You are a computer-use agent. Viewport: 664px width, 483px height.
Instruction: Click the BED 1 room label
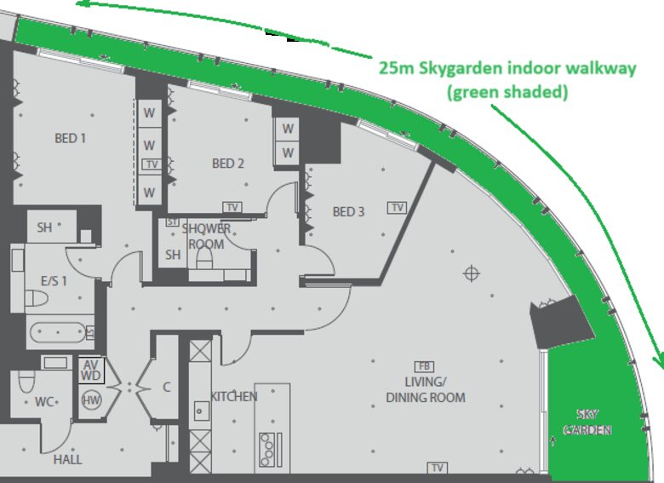tap(71, 138)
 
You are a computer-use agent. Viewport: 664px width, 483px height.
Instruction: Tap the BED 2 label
tap(228, 163)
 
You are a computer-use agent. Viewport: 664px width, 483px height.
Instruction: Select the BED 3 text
tap(348, 211)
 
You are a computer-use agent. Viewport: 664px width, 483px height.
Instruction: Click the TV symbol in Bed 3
tap(398, 208)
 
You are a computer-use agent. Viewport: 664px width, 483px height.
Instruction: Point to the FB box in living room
tap(424, 366)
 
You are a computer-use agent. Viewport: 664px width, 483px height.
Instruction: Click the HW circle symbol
tap(91, 400)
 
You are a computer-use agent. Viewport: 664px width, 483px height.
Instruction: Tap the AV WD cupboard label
tap(90, 371)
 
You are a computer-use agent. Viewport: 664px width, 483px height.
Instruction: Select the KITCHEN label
tap(234, 397)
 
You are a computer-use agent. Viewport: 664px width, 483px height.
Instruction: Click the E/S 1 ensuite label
tap(54, 281)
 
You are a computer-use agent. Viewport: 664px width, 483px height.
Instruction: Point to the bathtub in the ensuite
tap(58, 332)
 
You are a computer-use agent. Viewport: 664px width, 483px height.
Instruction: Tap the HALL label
tap(68, 459)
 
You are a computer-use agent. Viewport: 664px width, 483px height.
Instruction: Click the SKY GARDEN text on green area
tap(587, 422)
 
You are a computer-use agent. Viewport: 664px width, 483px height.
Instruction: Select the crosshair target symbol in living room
tap(472, 273)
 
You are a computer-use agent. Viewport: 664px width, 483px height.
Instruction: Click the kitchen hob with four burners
tap(267, 450)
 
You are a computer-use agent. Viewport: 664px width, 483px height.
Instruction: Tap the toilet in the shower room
tap(204, 258)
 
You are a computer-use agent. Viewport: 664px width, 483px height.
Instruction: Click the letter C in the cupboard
tap(167, 387)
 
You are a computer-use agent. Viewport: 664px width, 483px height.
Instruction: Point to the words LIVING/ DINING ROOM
tap(426, 389)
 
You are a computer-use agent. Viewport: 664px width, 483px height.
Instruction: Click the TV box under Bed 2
tap(232, 207)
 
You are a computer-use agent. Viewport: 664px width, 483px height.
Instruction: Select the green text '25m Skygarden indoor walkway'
tap(507, 68)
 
